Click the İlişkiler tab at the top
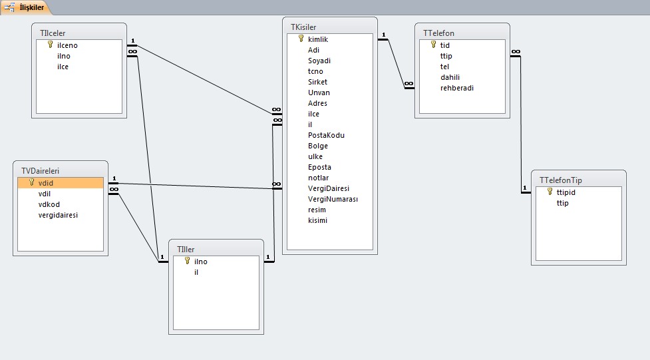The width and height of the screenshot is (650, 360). (25, 7)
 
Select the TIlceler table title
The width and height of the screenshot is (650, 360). (53, 33)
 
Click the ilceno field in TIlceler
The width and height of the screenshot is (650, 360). (67, 45)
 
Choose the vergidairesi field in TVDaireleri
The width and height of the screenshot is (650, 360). (58, 215)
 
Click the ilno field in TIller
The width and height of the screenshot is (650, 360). (201, 262)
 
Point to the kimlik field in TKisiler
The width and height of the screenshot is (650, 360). (318, 39)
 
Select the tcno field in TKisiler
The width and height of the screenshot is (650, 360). (315, 71)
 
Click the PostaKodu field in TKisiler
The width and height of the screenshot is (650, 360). (326, 135)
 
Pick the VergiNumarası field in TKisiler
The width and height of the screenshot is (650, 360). (333, 199)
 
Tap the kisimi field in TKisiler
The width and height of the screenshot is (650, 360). (317, 220)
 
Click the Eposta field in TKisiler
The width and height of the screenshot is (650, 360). (319, 167)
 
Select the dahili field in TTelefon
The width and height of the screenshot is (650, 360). (450, 77)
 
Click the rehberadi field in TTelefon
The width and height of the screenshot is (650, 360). (457, 88)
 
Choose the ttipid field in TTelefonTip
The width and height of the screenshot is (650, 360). (566, 192)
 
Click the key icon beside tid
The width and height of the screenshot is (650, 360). (434, 45)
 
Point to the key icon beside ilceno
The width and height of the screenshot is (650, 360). (51, 45)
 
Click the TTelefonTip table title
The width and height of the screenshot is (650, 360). (560, 180)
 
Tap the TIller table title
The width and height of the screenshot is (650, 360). (186, 250)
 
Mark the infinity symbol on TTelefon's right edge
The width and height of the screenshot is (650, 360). (516, 52)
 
